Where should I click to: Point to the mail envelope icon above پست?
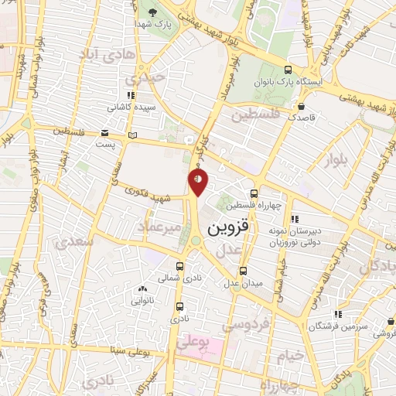point(105,132)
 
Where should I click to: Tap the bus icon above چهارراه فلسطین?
point(254,193)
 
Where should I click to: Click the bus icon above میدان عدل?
point(244,271)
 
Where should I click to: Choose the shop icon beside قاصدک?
point(302,107)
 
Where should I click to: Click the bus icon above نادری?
point(179,306)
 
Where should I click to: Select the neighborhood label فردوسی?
point(240,326)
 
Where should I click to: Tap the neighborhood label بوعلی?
point(193,341)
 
